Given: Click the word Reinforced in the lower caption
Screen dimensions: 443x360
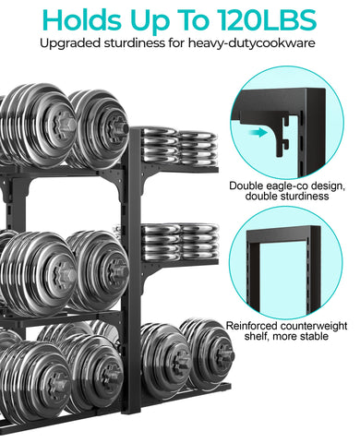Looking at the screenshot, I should coord(255,326).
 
